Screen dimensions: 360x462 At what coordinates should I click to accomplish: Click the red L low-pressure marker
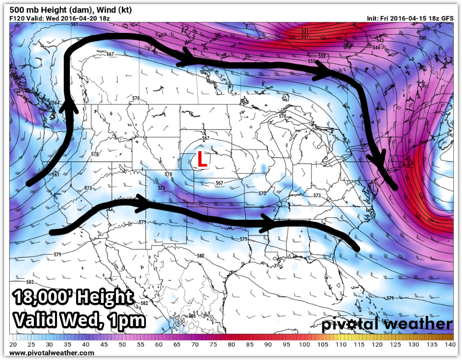point(202,160)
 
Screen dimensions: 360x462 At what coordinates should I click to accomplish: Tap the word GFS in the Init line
point(447,18)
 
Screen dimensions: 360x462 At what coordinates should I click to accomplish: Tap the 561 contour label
point(75,25)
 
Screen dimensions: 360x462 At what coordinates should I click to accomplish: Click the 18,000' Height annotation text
point(72,298)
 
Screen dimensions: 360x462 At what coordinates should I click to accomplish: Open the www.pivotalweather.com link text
point(51,353)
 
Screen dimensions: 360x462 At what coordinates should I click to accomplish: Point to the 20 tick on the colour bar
point(13,344)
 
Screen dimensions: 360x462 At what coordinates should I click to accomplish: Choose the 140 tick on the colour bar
point(449,344)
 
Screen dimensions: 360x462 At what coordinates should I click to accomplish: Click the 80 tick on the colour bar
point(231,344)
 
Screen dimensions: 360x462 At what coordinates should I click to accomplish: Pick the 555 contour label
point(311,61)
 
